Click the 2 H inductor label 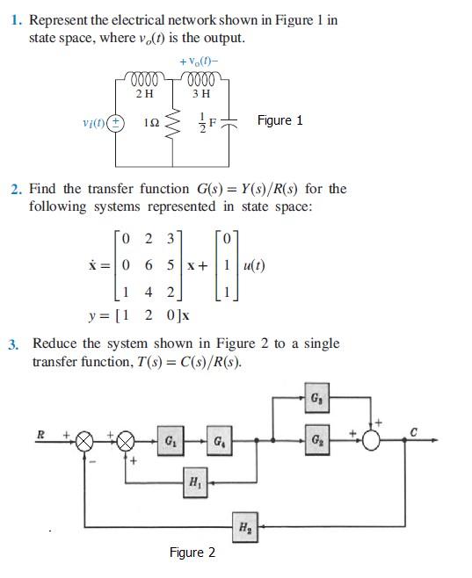tap(145, 92)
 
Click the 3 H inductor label tap(200, 92)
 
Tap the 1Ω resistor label tap(151, 123)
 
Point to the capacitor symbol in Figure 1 tap(231, 123)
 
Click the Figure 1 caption tap(280, 120)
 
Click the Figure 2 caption tap(192, 553)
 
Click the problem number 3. tap(14, 344)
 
